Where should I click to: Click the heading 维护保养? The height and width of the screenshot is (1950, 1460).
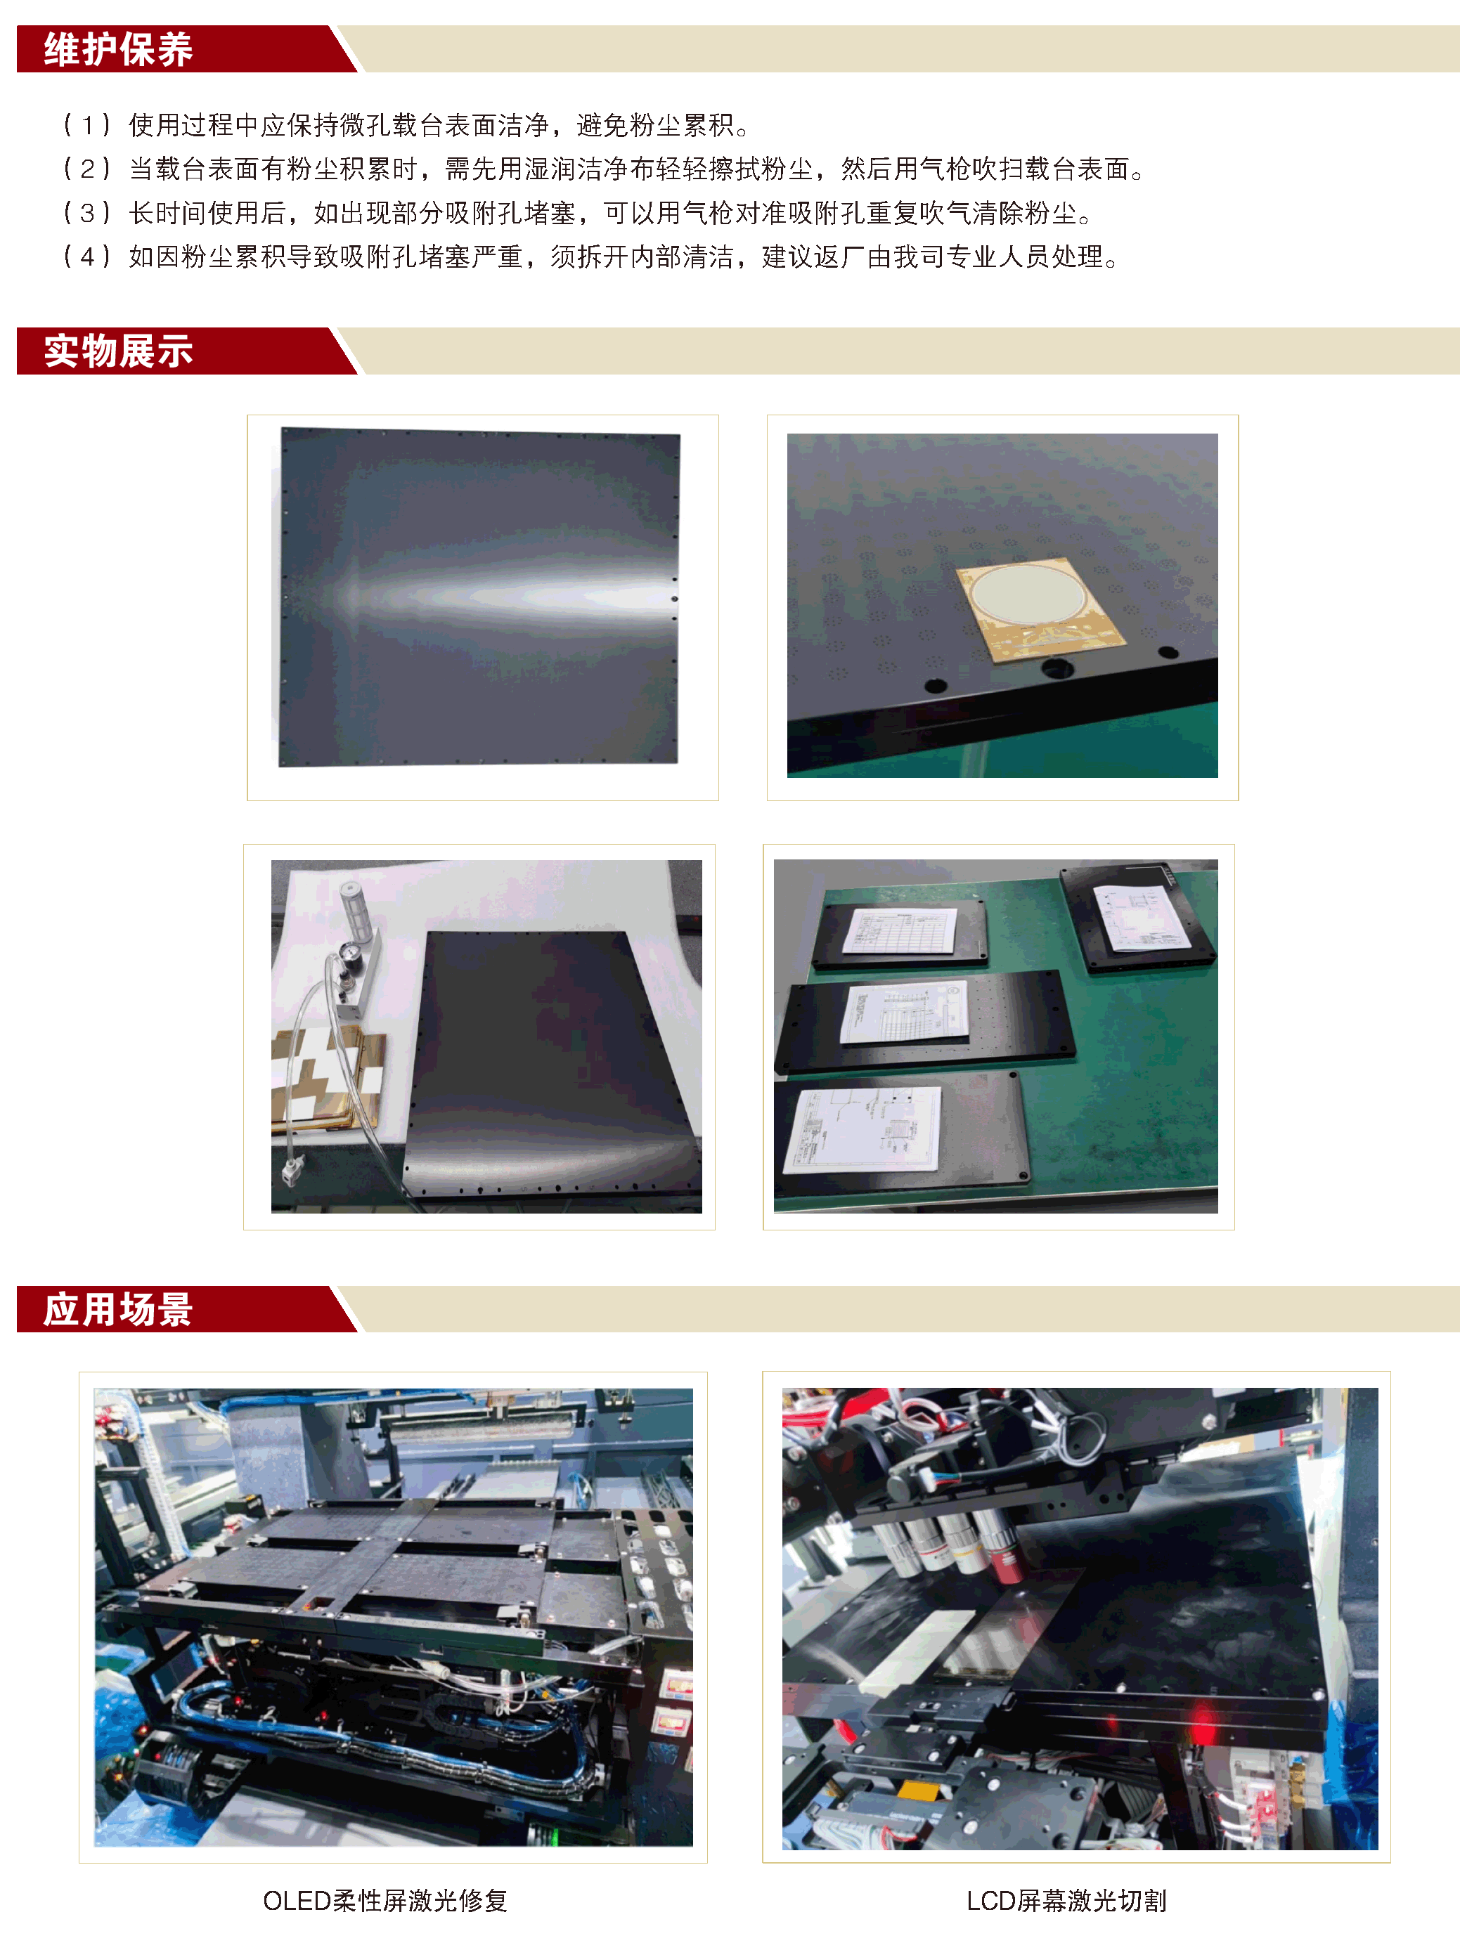point(118,49)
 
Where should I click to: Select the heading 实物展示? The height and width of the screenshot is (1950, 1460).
point(118,351)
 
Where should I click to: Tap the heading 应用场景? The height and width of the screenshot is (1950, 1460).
point(118,1308)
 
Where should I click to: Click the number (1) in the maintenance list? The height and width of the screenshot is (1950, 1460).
point(87,125)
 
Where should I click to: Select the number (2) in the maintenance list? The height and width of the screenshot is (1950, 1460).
point(87,169)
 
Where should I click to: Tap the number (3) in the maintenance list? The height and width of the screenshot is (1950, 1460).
point(87,212)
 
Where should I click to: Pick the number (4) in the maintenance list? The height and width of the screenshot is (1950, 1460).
point(87,256)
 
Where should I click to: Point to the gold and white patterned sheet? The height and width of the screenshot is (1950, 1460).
point(326,1079)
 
